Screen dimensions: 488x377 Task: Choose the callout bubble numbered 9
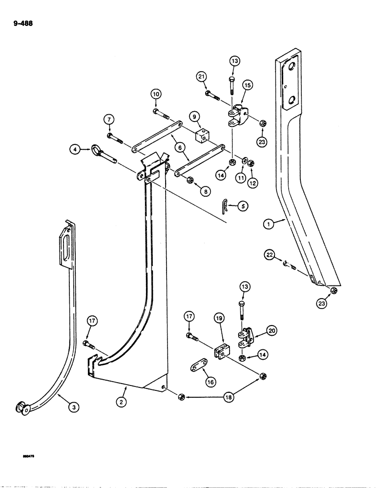[x=194, y=117]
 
